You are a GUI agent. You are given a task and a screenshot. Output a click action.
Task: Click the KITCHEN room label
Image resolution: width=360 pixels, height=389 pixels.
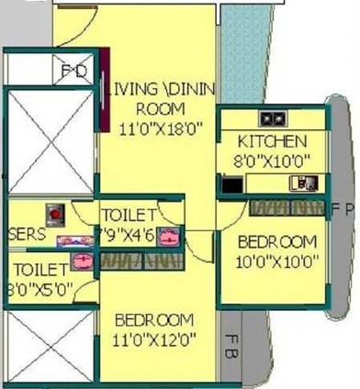click(272, 142)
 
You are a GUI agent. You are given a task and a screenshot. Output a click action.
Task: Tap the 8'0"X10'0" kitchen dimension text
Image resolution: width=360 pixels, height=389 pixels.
click(272, 159)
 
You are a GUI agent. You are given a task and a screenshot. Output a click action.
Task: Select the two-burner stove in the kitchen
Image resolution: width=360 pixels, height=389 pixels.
click(273, 117)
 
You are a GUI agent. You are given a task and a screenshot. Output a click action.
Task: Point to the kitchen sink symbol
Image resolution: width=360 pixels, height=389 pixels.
click(302, 183)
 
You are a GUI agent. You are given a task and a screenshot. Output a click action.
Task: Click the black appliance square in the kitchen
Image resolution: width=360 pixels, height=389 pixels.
click(231, 184)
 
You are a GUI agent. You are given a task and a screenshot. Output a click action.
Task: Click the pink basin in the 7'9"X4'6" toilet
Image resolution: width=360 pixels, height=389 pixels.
click(168, 240)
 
